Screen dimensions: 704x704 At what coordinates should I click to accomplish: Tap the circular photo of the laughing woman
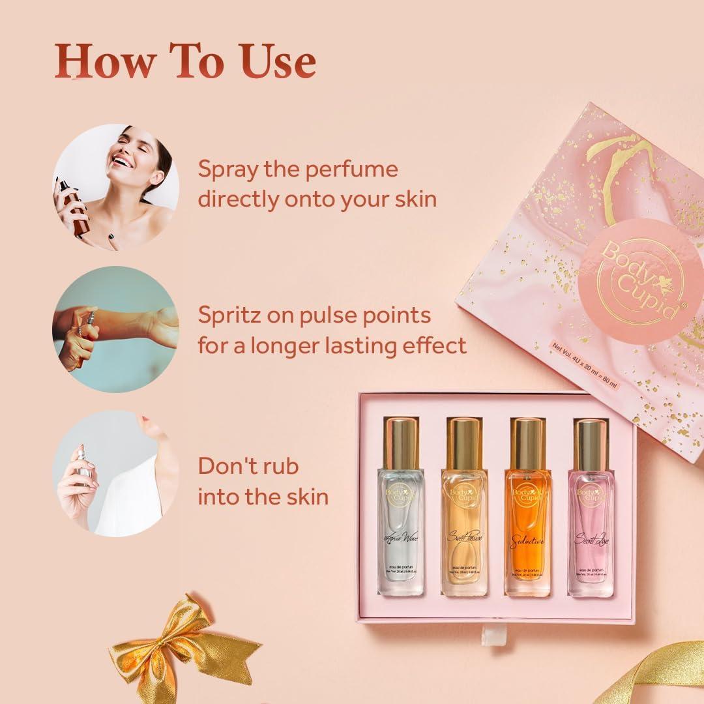pyautogui.click(x=116, y=187)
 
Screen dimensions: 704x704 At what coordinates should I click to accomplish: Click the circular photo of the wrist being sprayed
pyautogui.click(x=116, y=329)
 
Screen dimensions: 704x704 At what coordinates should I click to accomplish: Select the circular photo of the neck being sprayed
pyautogui.click(x=116, y=473)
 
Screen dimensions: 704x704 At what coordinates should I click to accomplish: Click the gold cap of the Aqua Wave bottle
pyautogui.click(x=401, y=444)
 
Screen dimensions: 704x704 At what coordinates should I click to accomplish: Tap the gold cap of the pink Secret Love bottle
pyautogui.click(x=591, y=445)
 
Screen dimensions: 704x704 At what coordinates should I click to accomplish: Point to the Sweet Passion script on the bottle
pyautogui.click(x=464, y=536)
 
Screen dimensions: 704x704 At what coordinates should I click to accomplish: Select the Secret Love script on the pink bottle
pyautogui.click(x=591, y=539)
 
